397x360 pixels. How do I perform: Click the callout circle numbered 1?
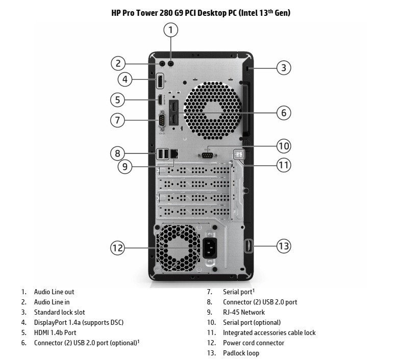coord(171,30)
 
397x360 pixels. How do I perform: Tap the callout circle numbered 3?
coord(284,67)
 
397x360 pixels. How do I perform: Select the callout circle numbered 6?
coord(284,112)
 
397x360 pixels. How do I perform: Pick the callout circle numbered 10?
coord(284,146)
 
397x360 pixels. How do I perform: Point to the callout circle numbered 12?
coord(118,248)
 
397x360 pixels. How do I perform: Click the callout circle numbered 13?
coord(284,246)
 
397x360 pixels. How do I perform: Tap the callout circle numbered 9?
coord(125,166)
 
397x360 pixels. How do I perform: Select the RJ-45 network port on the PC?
coord(174,153)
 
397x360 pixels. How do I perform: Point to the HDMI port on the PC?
coord(160,99)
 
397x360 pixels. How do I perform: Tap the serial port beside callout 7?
coord(162,120)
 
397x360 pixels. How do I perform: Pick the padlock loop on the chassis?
coord(249,246)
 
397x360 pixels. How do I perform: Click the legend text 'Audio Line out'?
coord(54,292)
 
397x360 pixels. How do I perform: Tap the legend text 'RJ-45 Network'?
coord(244,312)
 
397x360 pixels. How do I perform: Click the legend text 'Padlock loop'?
coord(241,353)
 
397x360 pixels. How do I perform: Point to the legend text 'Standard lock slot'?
coord(59,312)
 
